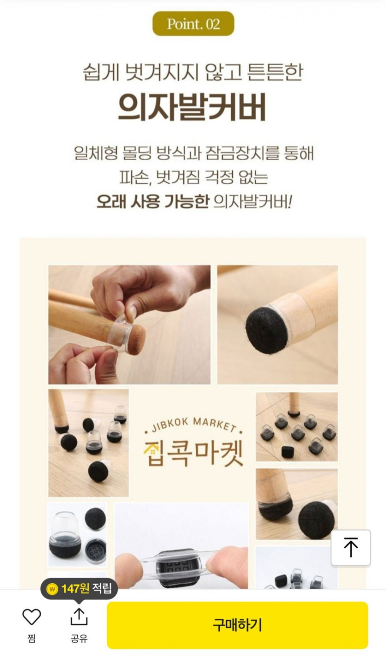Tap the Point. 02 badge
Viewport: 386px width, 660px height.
[193, 24]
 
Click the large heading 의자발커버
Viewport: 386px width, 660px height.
[192, 107]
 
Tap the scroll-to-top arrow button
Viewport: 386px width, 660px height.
[350, 547]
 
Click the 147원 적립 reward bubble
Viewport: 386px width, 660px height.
[79, 589]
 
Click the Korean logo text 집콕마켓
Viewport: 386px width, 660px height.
[194, 453]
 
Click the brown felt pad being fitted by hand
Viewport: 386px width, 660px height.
[136, 340]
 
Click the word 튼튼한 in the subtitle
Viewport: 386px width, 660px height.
[275, 72]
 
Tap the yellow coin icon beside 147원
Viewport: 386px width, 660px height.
[52, 589]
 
